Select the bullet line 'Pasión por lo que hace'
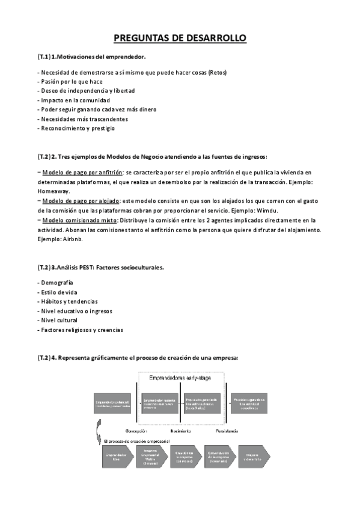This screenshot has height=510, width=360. tap(70, 81)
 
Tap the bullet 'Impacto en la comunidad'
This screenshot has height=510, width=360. tap(72, 100)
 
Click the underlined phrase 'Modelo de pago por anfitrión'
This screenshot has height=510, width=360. tap(82, 172)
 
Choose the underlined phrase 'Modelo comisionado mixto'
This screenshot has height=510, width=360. tap(79, 220)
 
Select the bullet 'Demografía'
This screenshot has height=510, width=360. tap(55, 282)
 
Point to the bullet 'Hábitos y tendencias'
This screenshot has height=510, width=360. tap(68, 301)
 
